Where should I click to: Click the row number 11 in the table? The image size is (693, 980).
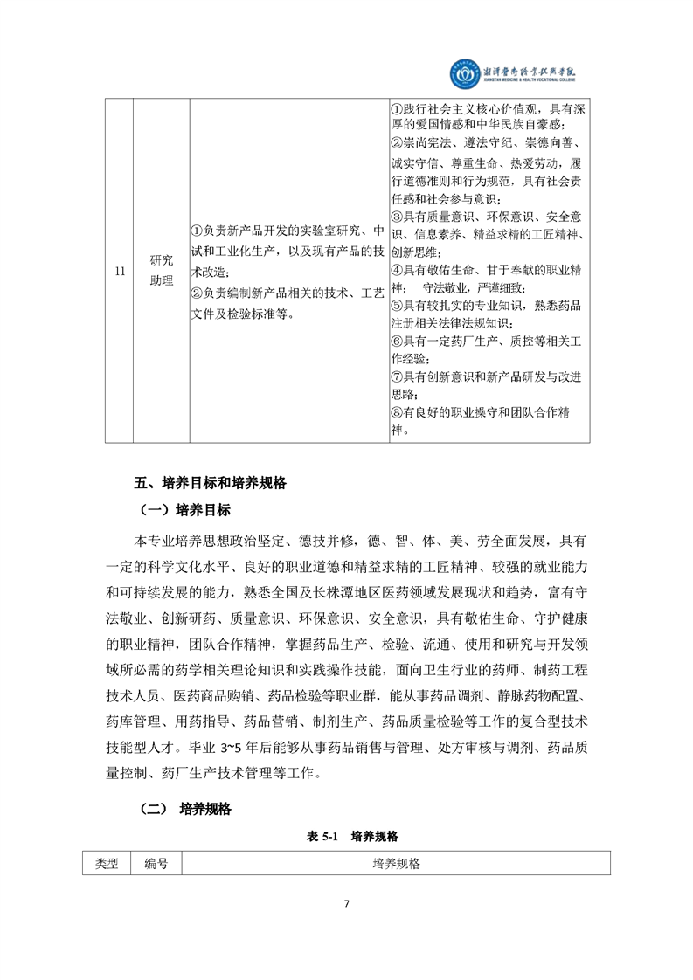pos(119,271)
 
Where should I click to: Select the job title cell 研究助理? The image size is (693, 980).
pos(162,271)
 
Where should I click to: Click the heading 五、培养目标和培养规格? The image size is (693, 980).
pos(211,481)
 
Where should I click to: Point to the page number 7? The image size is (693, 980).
pos(347,903)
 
